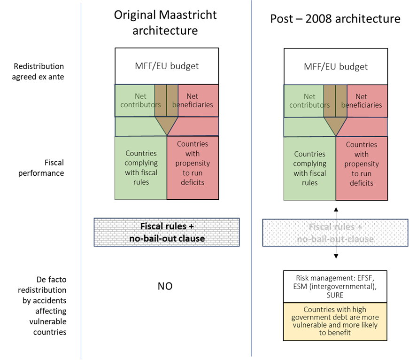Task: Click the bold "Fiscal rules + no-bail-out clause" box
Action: click(167, 232)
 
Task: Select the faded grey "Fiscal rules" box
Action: click(335, 232)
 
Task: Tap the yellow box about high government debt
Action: click(335, 321)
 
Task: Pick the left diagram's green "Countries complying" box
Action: click(141, 168)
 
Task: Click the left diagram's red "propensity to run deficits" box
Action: click(193, 168)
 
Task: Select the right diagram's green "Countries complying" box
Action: click(310, 168)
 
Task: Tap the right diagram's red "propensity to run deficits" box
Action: click(362, 168)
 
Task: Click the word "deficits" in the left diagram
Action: click(193, 182)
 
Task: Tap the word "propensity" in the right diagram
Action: click(362, 164)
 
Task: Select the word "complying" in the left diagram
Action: click(141, 163)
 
